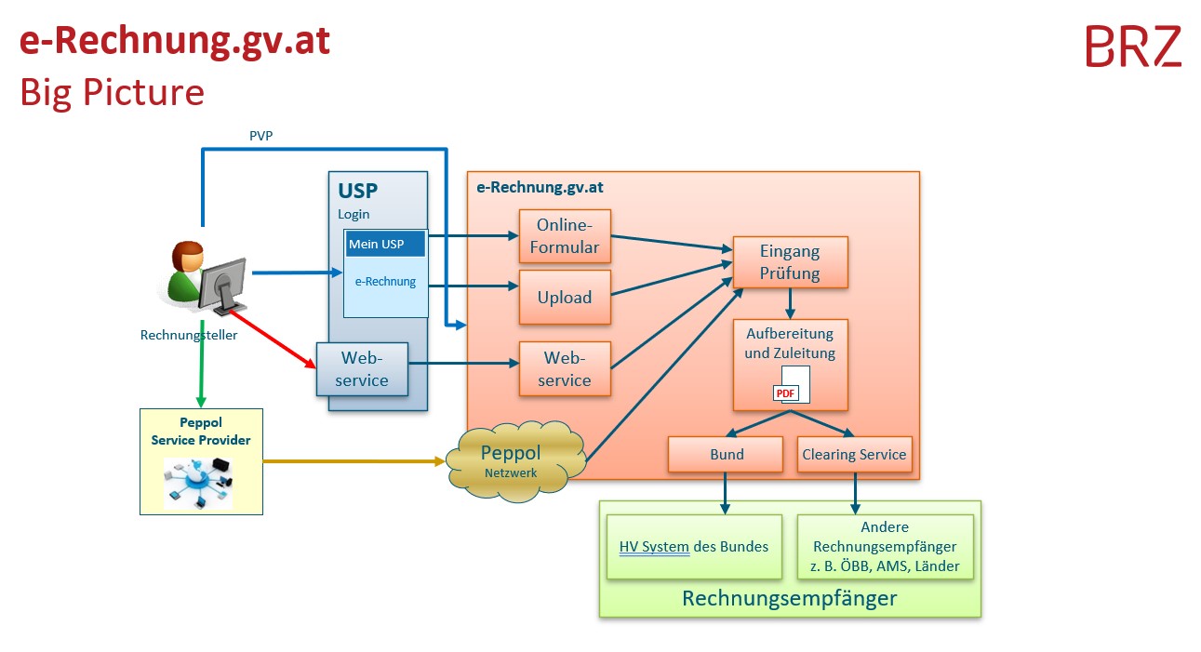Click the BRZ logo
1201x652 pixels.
(1133, 47)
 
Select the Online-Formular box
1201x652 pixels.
(565, 237)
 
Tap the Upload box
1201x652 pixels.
(565, 298)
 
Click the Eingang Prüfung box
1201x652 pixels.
(790, 261)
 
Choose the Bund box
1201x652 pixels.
(726, 455)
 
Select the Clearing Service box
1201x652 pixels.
(854, 455)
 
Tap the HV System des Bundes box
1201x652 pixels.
(694, 547)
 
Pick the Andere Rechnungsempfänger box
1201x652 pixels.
(885, 547)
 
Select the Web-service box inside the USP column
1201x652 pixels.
(363, 368)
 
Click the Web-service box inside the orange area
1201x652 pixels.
(565, 368)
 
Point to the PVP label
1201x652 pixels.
(260, 136)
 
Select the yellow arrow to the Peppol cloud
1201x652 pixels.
(354, 460)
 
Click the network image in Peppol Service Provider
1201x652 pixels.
(198, 482)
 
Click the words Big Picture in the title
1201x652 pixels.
(112, 92)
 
